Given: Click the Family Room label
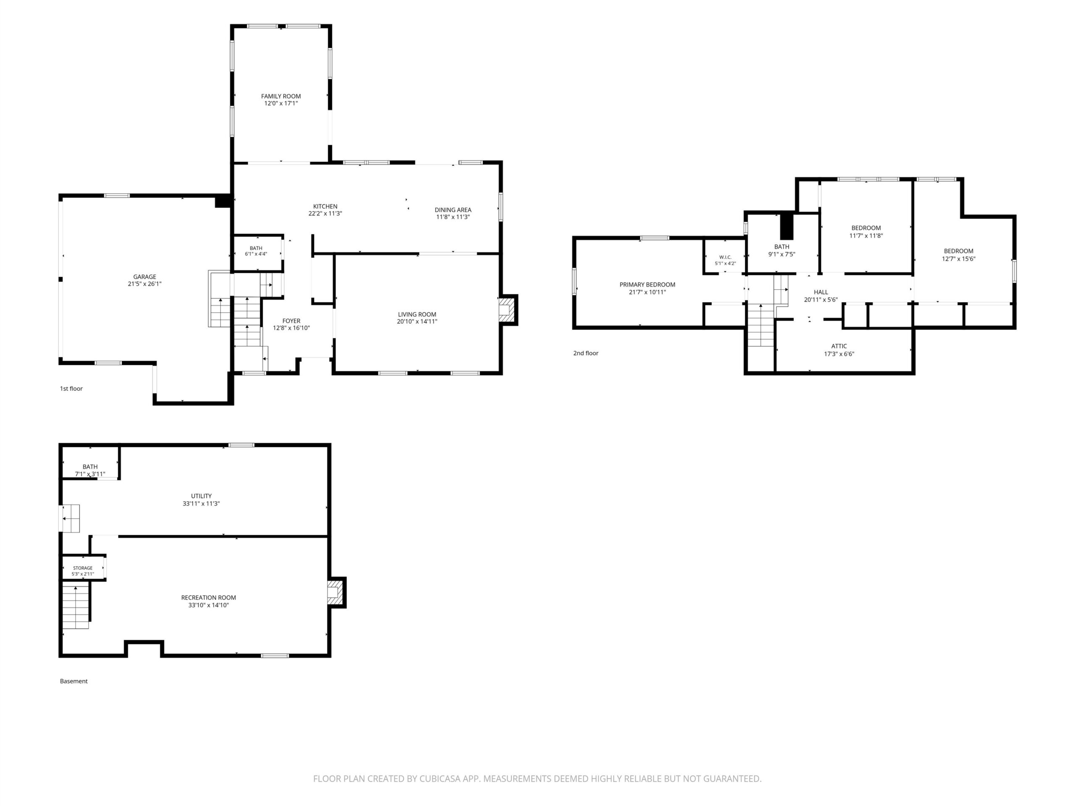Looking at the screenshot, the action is pos(281,96).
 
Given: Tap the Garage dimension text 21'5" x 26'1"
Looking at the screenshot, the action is pos(145,284).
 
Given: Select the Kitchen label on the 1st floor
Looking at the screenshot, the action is pos(325,207).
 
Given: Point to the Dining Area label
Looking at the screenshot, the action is pos(453,210).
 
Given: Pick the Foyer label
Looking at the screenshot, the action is pos(291,321).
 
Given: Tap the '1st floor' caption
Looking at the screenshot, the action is pos(71,389).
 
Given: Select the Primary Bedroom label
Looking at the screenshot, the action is pos(648,285).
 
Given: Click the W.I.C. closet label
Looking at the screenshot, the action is pos(725,257).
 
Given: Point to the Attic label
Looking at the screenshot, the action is pos(839,346).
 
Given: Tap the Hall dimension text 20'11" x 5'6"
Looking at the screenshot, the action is pos(821,300).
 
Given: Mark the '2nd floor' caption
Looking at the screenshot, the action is pos(586,353).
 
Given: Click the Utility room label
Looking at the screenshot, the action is pos(201,496).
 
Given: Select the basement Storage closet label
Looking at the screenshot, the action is pos(83,568).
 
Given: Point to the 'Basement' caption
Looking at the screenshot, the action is pos(74,681).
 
